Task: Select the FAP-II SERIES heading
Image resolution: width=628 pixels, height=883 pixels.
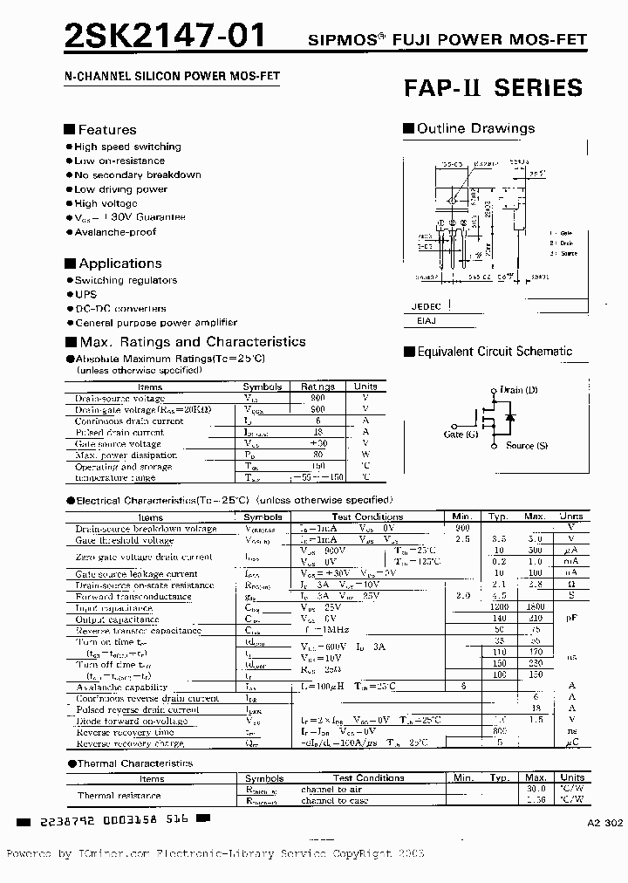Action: click(x=493, y=87)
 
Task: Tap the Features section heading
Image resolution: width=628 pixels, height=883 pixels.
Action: click(x=106, y=130)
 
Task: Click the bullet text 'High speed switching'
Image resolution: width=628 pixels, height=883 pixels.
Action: click(x=127, y=147)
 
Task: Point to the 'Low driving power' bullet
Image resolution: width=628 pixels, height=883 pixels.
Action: click(x=120, y=188)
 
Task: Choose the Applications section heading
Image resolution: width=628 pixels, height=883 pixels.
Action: click(x=119, y=264)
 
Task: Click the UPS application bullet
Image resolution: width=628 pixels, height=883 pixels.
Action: click(x=85, y=294)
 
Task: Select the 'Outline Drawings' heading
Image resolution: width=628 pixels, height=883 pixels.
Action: click(x=475, y=128)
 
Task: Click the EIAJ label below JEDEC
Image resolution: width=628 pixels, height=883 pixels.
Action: click(x=420, y=321)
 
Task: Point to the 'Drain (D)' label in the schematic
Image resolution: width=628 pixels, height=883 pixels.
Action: click(x=518, y=390)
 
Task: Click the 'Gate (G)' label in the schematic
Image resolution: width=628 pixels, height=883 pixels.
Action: click(x=461, y=434)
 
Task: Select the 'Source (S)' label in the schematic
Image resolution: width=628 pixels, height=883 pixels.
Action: click(x=527, y=446)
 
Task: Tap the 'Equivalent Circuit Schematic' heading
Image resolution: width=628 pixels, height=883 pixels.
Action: click(x=495, y=352)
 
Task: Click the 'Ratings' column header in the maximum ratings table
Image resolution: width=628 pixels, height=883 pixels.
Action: click(x=317, y=387)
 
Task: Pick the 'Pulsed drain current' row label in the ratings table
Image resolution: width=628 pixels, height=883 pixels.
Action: click(x=119, y=432)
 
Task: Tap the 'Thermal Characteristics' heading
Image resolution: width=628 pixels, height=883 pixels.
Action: click(x=134, y=763)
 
